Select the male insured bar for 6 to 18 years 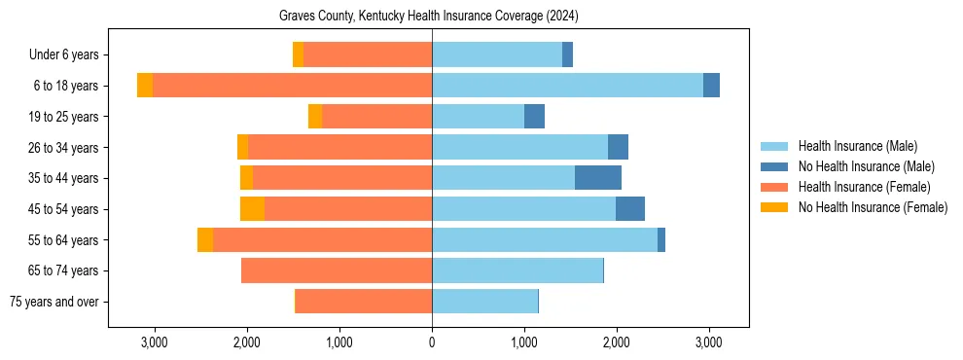567,86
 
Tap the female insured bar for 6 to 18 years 292,86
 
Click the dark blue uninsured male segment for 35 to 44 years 598,178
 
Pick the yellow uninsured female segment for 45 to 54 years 252,209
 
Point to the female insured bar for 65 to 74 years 337,270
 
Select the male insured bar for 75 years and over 484,302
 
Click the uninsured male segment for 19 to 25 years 534,117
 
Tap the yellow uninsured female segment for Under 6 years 298,55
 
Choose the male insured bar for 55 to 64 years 545,240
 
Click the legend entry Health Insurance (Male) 857,146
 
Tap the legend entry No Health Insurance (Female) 873,207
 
